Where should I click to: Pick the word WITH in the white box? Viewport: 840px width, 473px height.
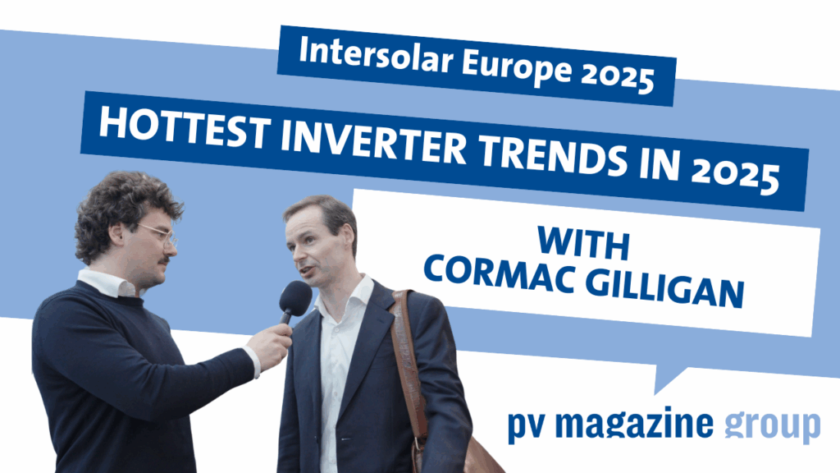[583, 243]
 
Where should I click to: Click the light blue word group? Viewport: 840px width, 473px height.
[772, 426]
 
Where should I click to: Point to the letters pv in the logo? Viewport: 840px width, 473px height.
[527, 427]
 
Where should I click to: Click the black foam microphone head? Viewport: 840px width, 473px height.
[295, 298]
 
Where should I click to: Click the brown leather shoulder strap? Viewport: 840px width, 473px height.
[409, 365]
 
